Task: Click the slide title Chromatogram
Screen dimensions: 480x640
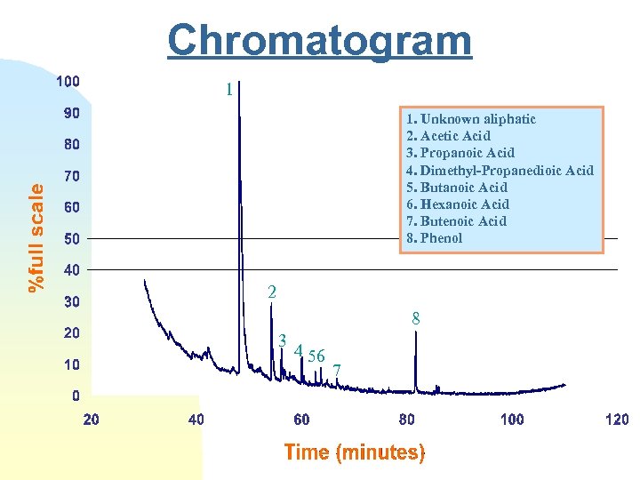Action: [x=320, y=40]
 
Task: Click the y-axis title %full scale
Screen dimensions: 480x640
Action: [x=36, y=237]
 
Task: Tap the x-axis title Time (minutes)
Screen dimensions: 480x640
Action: [x=355, y=452]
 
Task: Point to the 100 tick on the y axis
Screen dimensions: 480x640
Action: [x=68, y=82]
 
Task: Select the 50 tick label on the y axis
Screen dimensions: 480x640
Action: [x=70, y=239]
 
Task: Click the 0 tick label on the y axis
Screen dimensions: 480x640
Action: [x=76, y=396]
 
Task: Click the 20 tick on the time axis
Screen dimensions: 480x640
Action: [x=92, y=420]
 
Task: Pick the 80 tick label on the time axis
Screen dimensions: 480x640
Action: [x=407, y=420]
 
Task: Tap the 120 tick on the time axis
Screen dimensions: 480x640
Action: [x=616, y=420]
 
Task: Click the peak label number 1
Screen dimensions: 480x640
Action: [x=228, y=90]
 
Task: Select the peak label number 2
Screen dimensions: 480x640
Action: [x=272, y=292]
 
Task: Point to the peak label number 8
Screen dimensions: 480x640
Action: [x=415, y=317]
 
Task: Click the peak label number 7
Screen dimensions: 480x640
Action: [x=337, y=370]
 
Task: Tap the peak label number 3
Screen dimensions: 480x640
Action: [x=282, y=340]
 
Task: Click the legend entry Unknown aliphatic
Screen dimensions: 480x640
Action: [x=471, y=119]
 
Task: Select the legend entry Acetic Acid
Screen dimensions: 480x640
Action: [x=448, y=136]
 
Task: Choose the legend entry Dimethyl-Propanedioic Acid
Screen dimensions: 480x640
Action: [x=500, y=170]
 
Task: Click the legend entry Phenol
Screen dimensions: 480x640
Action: [x=435, y=238]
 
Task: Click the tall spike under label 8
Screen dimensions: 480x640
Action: [x=415, y=364]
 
